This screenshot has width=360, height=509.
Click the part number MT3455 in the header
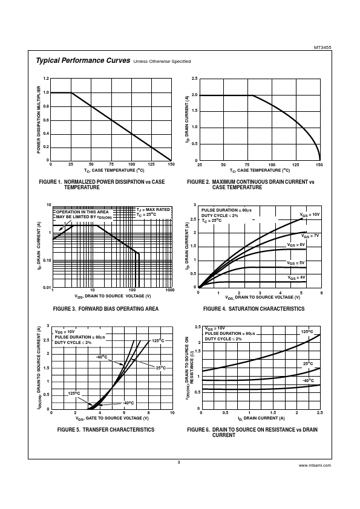(x=322, y=47)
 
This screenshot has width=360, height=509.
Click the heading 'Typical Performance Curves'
(x=83, y=60)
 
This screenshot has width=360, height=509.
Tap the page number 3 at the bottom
(x=178, y=462)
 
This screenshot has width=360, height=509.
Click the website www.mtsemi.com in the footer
(x=315, y=465)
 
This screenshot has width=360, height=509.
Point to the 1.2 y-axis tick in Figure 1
(x=46, y=79)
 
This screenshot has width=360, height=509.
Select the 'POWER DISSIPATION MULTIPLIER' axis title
(x=39, y=120)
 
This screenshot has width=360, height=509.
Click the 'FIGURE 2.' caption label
(x=198, y=182)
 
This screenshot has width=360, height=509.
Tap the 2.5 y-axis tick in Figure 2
(x=195, y=79)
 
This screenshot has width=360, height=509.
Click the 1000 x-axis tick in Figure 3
(x=170, y=290)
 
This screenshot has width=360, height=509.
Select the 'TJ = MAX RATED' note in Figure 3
(x=153, y=210)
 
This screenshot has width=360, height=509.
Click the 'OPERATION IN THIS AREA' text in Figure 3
(x=82, y=212)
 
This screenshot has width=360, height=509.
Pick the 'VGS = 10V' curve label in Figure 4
(x=310, y=215)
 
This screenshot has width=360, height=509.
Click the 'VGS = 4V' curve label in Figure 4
(x=296, y=278)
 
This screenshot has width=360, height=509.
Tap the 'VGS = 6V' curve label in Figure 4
(x=296, y=245)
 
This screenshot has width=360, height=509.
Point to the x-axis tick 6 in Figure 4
(x=321, y=293)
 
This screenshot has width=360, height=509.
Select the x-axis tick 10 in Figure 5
(x=172, y=413)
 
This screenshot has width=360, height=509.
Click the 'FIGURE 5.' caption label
(x=68, y=430)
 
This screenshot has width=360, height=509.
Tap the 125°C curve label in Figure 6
(x=307, y=332)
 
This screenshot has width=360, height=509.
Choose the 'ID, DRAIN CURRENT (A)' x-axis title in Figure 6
(x=261, y=418)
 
